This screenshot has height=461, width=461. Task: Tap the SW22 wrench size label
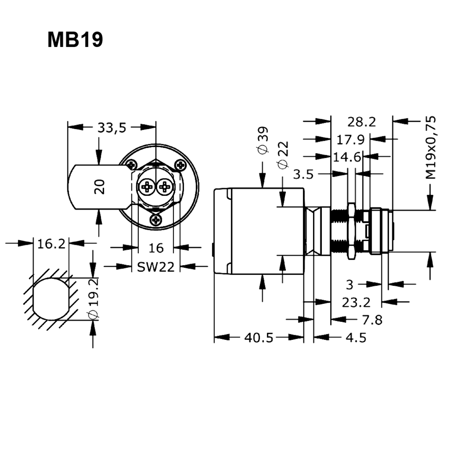coord(156,266)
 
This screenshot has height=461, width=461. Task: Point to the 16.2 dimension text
coord(51,244)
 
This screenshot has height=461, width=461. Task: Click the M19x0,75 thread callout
coord(431,148)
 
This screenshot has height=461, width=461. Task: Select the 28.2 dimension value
coord(361,122)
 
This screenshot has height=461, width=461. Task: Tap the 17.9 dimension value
coord(350,139)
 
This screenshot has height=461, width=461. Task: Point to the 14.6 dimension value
coord(347,157)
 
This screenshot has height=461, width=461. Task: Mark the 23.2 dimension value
coord(356,302)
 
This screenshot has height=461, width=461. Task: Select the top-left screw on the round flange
coord(132,164)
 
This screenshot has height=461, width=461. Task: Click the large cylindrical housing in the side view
coord(258,230)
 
